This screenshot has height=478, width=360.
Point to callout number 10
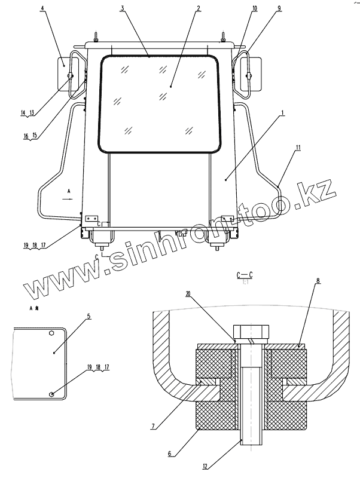(238, 9)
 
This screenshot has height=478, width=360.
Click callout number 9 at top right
(262, 9)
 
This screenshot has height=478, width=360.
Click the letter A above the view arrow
(69, 189)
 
